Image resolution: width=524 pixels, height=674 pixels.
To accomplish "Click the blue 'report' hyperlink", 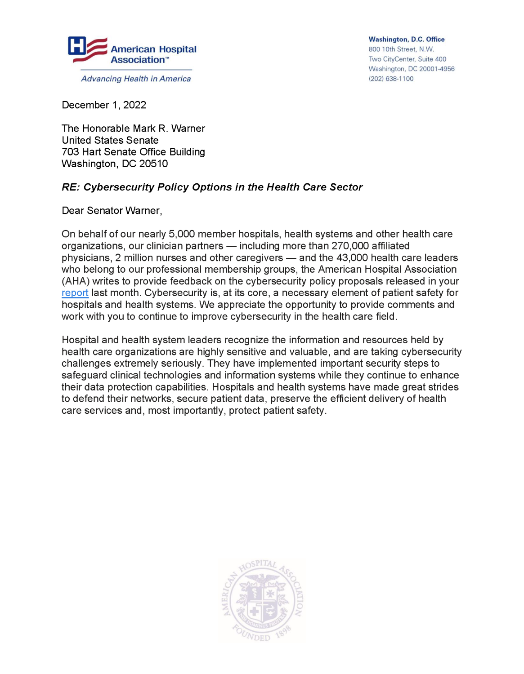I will pos(75,293).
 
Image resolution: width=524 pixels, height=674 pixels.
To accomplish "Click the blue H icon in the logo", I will pos(76,46).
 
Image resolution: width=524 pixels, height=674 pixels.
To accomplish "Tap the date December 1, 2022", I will pos(104,105).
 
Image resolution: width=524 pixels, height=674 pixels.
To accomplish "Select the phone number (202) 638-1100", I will pos(391,79).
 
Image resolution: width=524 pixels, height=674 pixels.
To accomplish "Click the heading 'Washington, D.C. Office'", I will pos(406,40).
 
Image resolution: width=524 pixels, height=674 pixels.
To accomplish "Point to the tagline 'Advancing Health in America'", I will pos(136,79).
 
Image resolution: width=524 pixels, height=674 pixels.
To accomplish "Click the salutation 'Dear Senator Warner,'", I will pos(112,211).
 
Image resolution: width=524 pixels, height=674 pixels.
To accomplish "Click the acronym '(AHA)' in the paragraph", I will pos(76,281).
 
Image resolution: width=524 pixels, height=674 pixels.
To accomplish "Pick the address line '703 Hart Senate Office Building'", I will pos(133,152).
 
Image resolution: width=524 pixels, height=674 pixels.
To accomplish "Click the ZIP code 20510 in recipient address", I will pos(153,164).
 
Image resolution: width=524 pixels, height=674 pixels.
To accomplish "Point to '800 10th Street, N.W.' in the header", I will pos(401,49).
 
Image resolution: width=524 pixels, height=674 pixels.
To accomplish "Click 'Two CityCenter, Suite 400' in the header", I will pos(407,59).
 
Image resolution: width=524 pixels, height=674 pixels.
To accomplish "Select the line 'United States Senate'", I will pos(110,140).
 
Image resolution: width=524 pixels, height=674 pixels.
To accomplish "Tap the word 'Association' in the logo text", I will pos(138,60).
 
